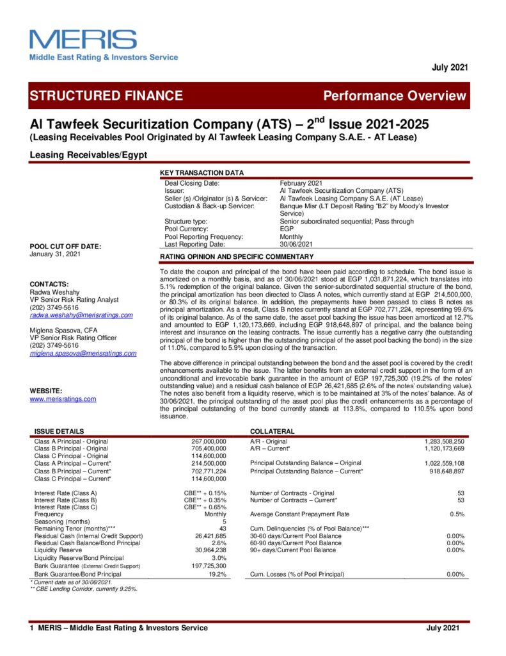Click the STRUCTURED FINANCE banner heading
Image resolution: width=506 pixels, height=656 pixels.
coord(106,96)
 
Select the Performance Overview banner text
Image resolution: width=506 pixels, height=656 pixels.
coord(395,96)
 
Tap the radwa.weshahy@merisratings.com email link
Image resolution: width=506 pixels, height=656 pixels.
coord(81,315)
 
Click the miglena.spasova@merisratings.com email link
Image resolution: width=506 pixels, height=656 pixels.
coord(83,353)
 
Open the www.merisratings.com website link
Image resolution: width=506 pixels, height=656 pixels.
coord(63,398)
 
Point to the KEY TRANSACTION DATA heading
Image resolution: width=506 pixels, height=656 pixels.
coord(202,173)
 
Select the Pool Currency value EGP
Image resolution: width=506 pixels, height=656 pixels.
coord(287,228)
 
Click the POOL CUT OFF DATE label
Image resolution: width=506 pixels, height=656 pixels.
coord(65,247)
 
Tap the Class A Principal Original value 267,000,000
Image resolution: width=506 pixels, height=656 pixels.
coord(209,441)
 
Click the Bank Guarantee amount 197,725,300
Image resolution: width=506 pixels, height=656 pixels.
coord(209,566)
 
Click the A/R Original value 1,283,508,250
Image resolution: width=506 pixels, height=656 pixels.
coord(445,441)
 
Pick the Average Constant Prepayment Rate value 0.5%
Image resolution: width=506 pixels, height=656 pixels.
coord(456,514)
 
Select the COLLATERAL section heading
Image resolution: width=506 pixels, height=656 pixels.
coord(272,432)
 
